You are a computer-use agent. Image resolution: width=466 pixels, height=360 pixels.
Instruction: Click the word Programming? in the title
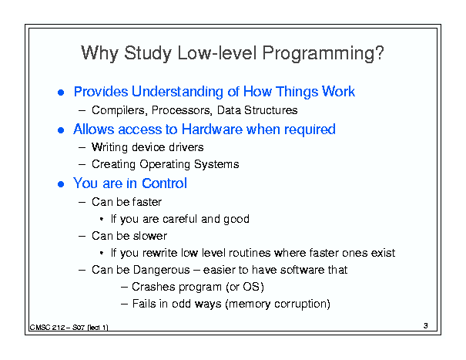pos(323,53)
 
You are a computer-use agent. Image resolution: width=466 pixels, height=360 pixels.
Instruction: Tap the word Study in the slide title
pos(148,53)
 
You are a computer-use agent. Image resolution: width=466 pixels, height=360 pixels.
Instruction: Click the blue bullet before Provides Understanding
pos(61,93)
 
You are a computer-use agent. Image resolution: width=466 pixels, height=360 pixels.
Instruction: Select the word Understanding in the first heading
pos(177,92)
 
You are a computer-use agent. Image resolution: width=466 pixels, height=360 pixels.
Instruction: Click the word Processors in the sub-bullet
pos(182,110)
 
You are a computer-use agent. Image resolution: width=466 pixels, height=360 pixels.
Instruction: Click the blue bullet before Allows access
pos(61,130)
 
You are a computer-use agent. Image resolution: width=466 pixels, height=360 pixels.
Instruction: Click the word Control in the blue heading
pos(164,183)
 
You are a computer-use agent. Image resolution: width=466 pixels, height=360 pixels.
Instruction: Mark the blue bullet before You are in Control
pos(61,184)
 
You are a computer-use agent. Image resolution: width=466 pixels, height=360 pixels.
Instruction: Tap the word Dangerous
pos(161,270)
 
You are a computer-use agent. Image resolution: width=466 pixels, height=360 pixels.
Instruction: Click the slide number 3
pos(426,326)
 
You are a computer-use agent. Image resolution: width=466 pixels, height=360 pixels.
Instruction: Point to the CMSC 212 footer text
pos(69,328)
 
